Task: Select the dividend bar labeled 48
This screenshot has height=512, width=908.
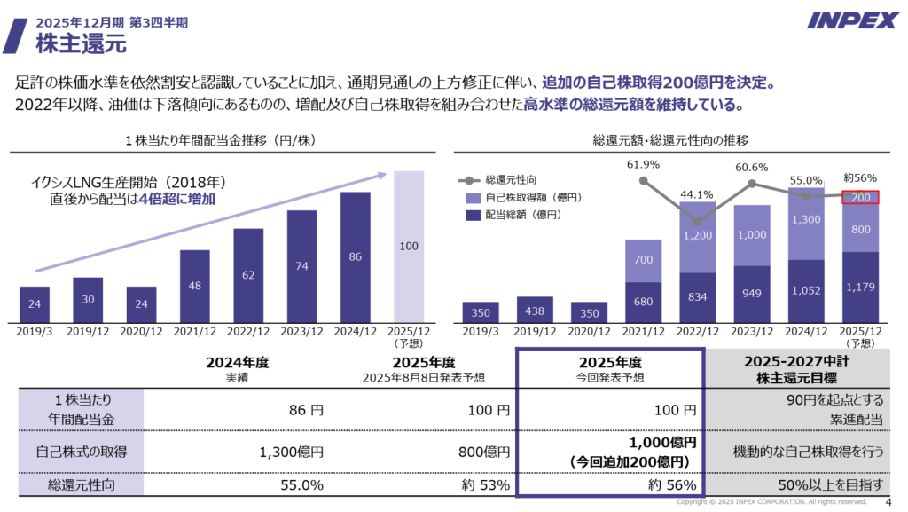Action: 195,284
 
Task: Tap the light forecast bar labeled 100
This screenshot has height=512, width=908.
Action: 408,245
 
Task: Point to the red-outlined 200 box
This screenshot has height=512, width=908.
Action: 860,197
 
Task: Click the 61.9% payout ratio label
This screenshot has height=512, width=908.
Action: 643,164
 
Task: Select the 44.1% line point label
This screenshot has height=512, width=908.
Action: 697,195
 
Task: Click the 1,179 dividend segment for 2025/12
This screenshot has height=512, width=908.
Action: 860,286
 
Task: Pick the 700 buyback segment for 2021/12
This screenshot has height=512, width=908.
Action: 643,260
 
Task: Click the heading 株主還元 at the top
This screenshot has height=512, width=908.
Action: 81,41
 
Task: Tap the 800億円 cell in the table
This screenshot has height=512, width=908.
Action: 483,452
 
